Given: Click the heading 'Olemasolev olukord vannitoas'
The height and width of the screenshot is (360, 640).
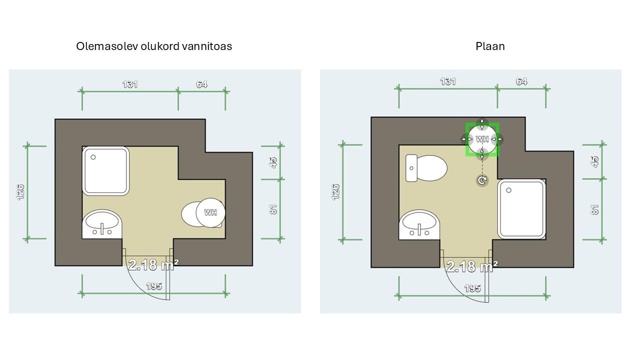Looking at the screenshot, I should [x=154, y=46].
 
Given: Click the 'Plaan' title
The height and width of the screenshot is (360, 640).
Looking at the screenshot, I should [x=490, y=46].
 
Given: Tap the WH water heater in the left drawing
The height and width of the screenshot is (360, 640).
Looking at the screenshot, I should [x=210, y=212].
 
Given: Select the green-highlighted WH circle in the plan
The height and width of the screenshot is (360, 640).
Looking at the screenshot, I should [x=482, y=139].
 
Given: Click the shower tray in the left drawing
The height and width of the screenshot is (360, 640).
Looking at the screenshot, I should [x=106, y=171].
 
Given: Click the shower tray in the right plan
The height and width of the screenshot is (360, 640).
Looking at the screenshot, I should [x=521, y=208].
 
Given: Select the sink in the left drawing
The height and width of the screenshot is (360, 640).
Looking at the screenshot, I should [x=102, y=224].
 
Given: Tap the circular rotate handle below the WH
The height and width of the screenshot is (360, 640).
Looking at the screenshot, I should [x=482, y=180].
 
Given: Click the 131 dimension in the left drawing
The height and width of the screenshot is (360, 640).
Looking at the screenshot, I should [x=130, y=84].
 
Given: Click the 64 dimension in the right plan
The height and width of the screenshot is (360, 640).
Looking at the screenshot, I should [x=521, y=81].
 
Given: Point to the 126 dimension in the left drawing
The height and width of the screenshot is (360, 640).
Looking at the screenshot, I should [x=21, y=191].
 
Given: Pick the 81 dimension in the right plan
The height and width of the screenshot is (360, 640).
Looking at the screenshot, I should [x=595, y=209].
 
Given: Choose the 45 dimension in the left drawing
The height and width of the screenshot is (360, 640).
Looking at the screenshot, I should [x=273, y=162].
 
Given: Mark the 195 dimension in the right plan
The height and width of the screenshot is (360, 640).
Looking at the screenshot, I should [x=472, y=288].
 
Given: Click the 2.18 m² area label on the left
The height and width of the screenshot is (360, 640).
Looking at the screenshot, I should [x=153, y=264].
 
